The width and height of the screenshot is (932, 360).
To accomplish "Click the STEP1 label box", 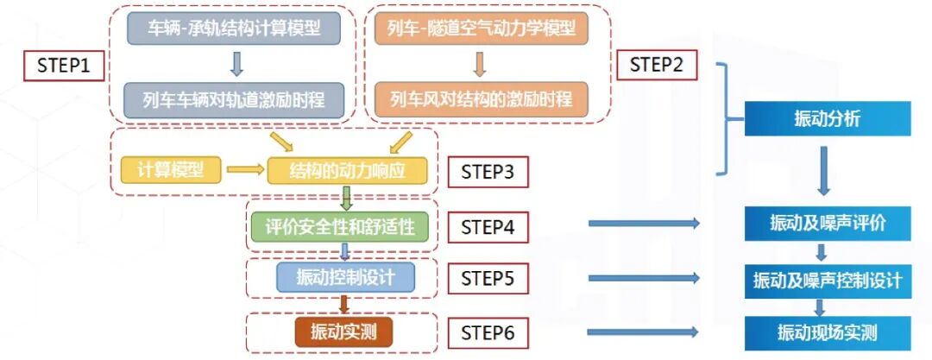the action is point(64,65).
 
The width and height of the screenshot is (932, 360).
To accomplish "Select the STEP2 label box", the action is point(657,65).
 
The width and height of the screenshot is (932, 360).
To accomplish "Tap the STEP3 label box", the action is point(488,172).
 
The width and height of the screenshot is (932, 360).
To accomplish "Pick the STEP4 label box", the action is point(488,228).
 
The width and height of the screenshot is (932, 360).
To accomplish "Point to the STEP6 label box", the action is point(488,332).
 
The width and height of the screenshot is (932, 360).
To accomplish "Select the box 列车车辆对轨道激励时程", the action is point(232,98).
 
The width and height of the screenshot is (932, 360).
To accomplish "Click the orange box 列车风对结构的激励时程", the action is point(481,98).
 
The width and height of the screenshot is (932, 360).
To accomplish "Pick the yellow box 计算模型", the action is point(170,169).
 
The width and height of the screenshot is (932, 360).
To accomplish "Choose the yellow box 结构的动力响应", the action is point(348,170).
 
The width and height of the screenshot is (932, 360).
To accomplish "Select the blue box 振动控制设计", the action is point(345,277).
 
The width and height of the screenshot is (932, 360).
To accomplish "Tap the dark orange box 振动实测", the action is point(343,332).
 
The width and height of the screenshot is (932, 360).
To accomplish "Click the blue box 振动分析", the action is point(826,119).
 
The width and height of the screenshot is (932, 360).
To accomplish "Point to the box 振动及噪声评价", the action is point(828,224).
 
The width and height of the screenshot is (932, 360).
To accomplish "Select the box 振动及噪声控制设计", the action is point(828,280).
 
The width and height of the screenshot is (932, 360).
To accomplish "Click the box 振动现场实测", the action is point(828,332).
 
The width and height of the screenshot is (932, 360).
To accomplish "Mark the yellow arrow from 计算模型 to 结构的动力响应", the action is point(243,170).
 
